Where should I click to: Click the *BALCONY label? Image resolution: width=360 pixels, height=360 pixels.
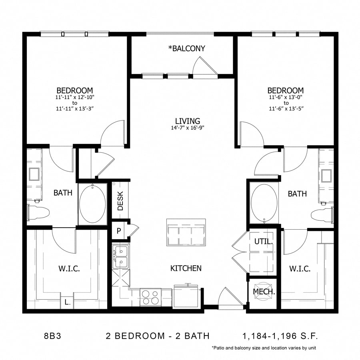pos(186,48)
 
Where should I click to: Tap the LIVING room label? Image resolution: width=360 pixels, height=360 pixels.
pos(188,121)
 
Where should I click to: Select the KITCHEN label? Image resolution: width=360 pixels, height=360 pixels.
pos(186,268)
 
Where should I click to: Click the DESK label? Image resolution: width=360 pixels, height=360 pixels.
pos(120,201)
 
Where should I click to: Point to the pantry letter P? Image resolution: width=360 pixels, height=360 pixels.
pos(119,231)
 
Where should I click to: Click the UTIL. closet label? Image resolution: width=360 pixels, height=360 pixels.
pos(264,242)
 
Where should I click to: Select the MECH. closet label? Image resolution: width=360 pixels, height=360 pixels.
pos(264,292)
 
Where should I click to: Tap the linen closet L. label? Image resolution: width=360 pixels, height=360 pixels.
pos(67,302)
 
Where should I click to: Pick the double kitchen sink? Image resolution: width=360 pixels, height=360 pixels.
pos(120,257)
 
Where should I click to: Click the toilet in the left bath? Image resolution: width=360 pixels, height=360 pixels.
pos(38,212)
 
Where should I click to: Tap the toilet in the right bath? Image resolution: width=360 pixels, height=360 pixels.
pos(322,215)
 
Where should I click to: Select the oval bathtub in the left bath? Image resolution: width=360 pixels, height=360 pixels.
pos(92,203)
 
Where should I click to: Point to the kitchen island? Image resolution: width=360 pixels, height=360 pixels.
pos(186,232)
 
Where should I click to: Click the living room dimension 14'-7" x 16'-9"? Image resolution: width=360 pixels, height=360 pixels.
pos(188,128)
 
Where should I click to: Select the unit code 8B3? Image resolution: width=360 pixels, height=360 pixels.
pos(52,336)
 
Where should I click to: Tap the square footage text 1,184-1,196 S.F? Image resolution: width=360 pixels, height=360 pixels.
pos(280,336)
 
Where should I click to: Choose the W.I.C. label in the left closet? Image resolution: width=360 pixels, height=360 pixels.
pos(69,268)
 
